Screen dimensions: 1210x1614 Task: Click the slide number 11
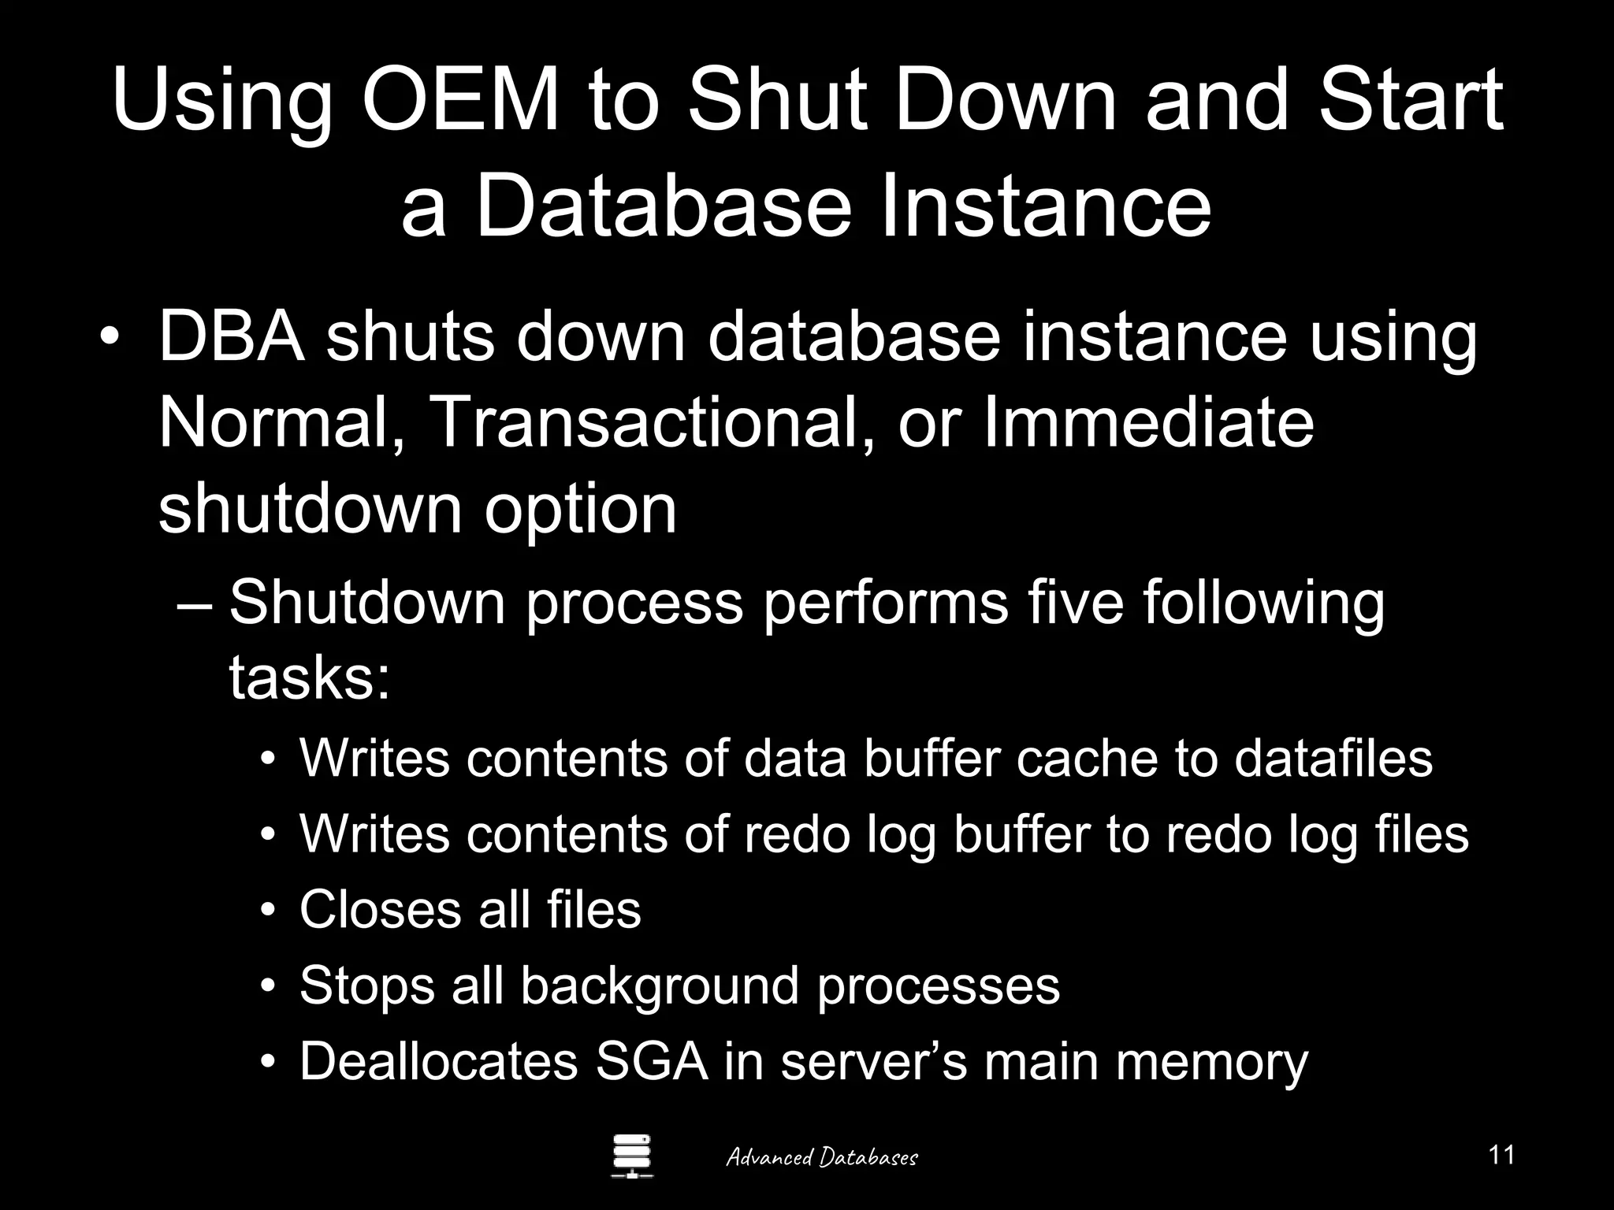point(1501,1155)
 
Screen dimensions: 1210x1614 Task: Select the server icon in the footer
point(632,1156)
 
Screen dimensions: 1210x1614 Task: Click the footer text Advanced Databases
point(821,1157)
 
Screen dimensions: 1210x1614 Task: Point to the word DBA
point(232,337)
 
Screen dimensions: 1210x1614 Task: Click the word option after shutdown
point(580,508)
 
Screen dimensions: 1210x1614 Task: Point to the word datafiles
point(1333,758)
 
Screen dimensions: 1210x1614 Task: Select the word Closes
point(381,910)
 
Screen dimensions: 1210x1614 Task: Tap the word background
point(660,985)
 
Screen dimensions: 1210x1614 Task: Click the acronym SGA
point(652,1061)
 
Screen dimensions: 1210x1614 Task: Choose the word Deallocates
point(439,1061)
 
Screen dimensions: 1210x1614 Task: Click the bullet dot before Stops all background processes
point(270,986)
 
